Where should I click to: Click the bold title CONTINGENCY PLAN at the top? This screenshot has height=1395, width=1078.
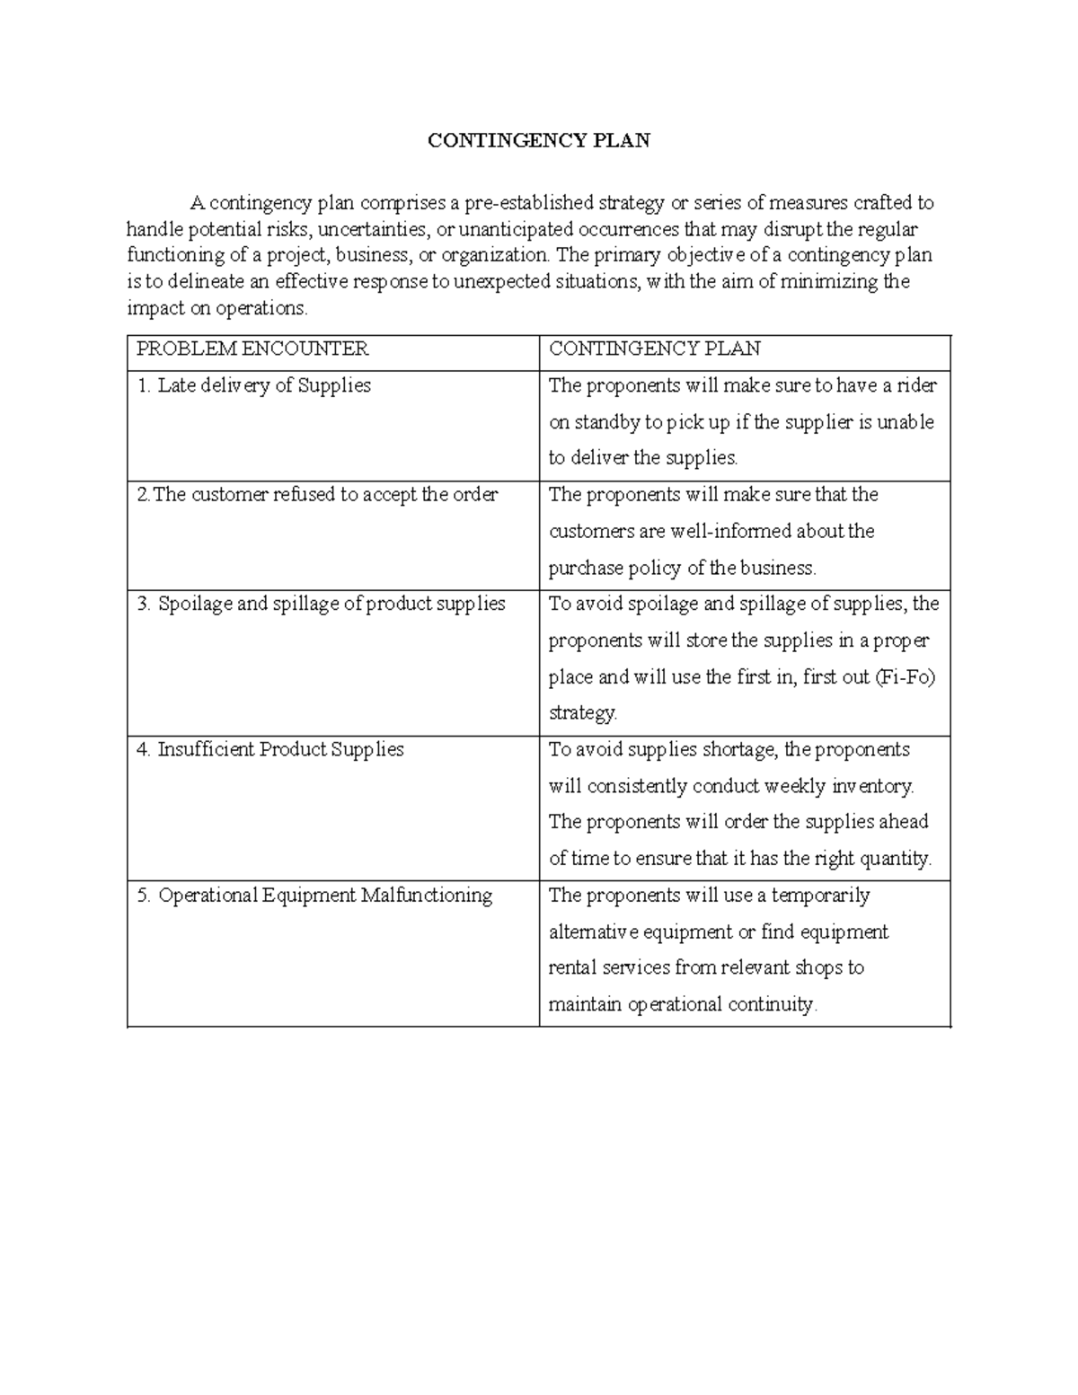pos(538,141)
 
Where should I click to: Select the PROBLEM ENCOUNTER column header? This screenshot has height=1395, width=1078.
pos(252,349)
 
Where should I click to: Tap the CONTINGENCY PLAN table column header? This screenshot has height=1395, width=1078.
pos(654,349)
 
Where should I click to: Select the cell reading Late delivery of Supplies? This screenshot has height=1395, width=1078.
pos(253,385)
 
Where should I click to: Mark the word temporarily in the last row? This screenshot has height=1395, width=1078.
pos(821,896)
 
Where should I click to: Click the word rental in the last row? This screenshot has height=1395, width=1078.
pos(572,968)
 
